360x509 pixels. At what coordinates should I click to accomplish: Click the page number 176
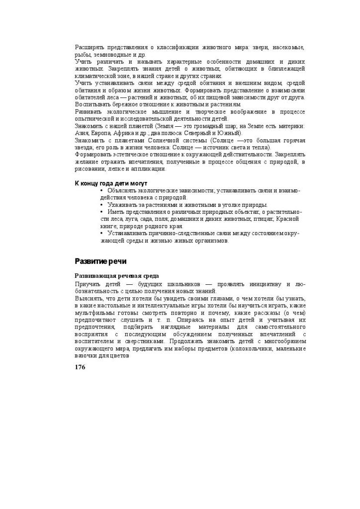[x=80, y=367]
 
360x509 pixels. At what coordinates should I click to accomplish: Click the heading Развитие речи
[x=100, y=261]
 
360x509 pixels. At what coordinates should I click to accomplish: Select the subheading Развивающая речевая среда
[x=117, y=276]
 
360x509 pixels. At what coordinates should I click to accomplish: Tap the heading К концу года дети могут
[x=111, y=183]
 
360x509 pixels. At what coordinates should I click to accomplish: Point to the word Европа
[x=101, y=133]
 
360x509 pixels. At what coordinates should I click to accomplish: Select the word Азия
[x=82, y=133]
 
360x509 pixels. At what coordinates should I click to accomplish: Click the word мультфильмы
[x=94, y=313]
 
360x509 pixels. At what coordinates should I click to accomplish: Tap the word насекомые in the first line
[x=287, y=47]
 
